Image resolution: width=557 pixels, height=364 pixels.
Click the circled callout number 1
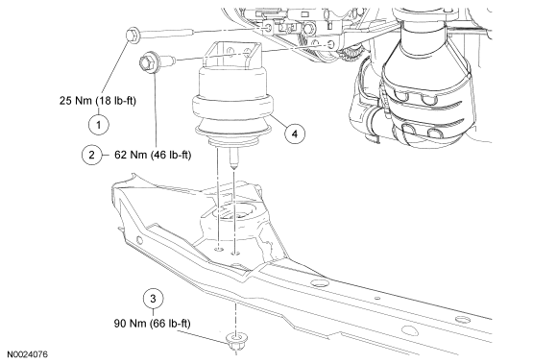(x=98, y=124)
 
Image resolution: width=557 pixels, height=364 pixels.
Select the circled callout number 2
(x=91, y=155)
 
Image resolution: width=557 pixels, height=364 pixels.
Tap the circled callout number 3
(x=153, y=299)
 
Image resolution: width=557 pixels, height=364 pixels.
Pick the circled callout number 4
(x=295, y=133)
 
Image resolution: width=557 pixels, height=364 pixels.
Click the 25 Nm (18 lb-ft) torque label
(x=98, y=101)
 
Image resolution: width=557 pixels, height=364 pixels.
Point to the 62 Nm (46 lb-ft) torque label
(x=153, y=155)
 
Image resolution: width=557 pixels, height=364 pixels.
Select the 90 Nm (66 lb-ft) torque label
(x=153, y=324)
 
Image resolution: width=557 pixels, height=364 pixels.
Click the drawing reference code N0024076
(x=27, y=354)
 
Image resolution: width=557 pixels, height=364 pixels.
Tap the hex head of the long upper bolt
(x=133, y=36)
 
